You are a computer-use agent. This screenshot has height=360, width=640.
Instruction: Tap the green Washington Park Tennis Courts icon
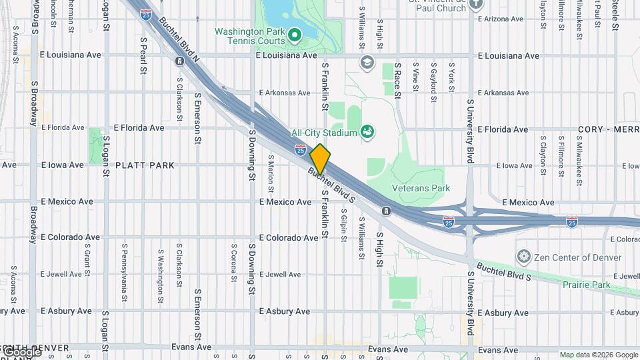294,33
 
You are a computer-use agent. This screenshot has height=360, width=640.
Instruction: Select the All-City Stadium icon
367,132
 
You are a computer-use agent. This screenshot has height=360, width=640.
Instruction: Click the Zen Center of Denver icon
524,257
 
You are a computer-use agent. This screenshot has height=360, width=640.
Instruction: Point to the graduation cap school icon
366,62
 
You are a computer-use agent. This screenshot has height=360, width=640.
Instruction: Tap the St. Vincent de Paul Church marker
475,4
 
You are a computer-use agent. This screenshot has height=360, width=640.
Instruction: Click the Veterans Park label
421,188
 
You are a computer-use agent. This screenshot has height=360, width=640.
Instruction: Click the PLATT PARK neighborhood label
145,165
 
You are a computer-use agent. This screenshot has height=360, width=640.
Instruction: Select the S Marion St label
271,170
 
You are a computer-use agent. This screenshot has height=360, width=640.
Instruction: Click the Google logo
21,351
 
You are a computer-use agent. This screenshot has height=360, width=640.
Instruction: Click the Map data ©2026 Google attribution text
599,355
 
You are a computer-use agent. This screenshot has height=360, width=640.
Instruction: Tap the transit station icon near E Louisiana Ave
179,61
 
